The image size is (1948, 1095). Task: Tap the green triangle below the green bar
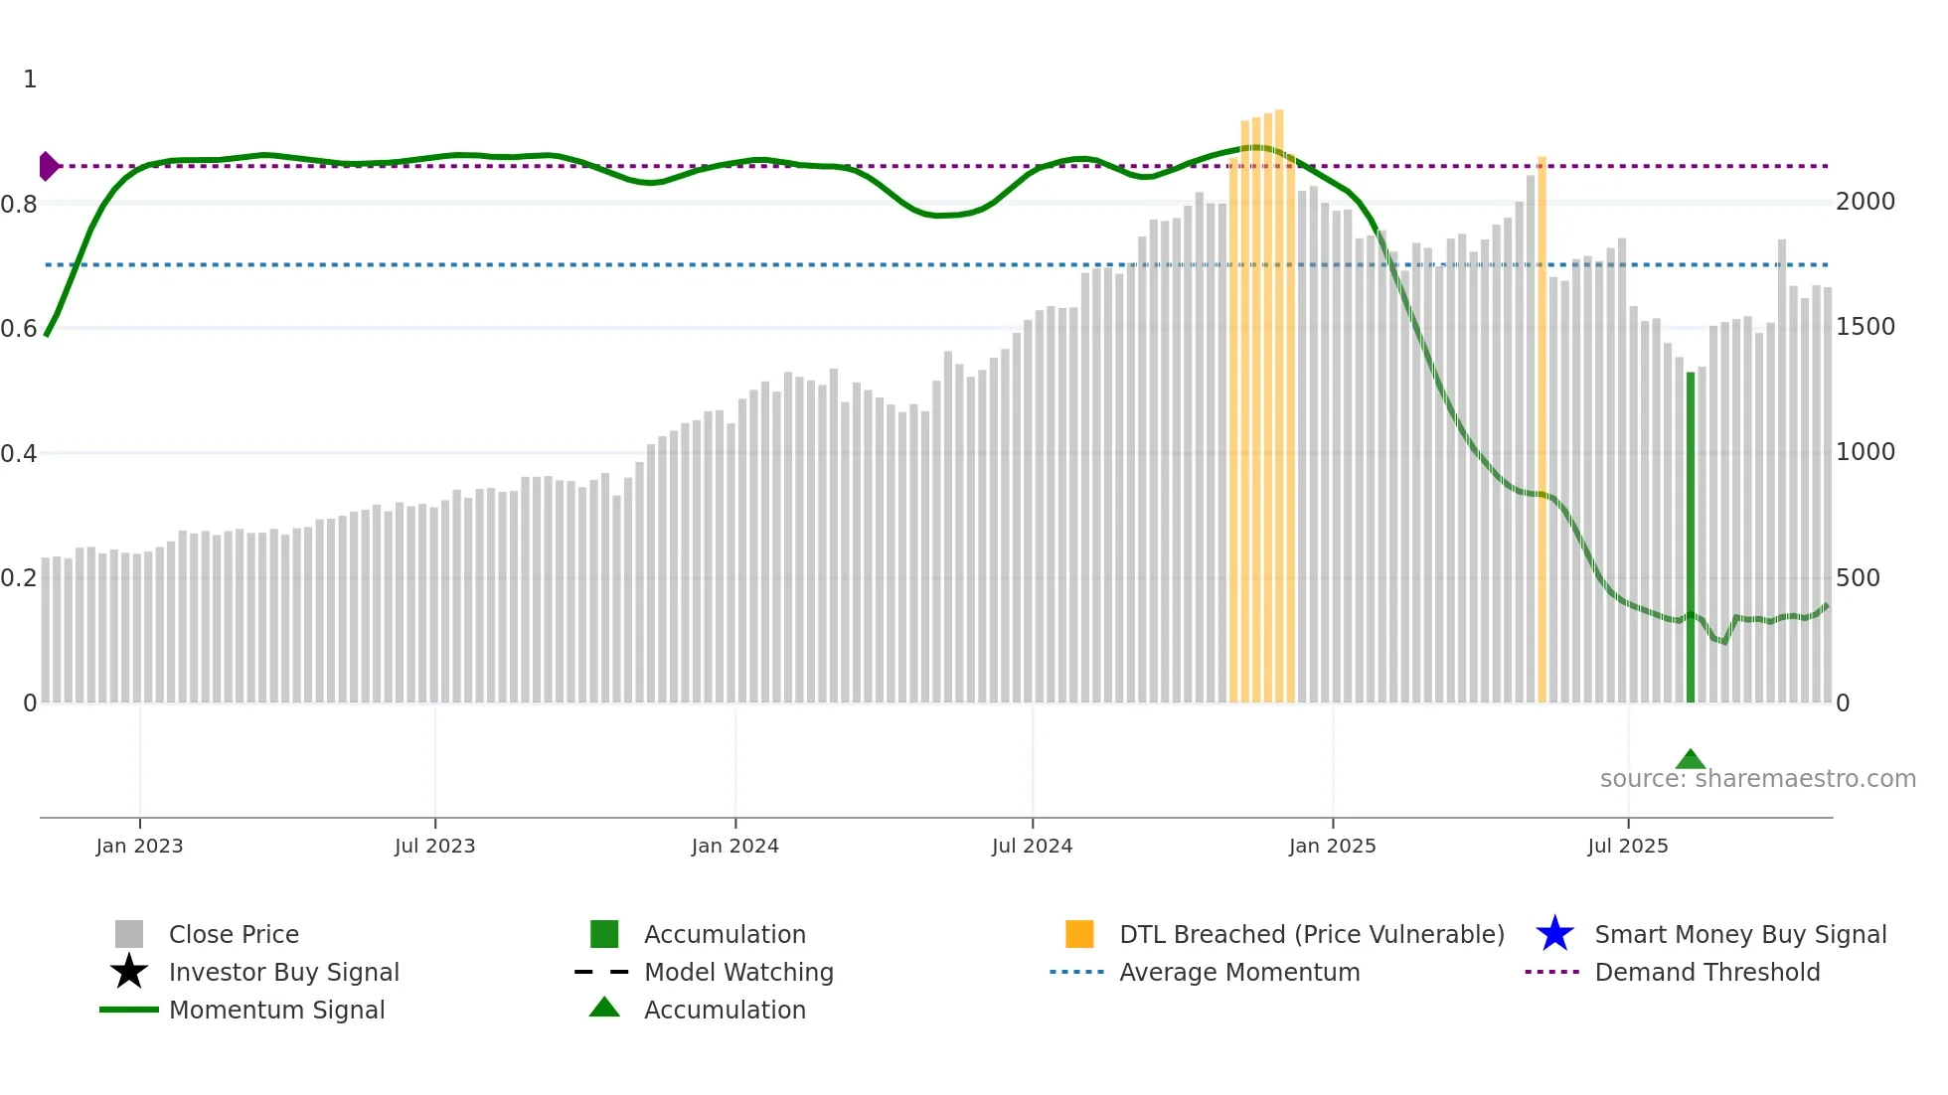1690,760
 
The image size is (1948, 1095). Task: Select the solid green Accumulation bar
1690,537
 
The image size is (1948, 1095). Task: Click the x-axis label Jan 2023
139,846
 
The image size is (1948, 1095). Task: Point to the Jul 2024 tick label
1032,846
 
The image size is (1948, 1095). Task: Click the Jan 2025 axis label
1332,846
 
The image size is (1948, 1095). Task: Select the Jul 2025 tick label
1627,846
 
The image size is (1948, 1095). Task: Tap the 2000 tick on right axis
1865,202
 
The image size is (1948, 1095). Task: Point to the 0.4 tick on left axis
19,454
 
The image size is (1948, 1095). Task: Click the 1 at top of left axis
30,79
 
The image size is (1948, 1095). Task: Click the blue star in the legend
1554,934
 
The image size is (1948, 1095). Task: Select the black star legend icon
129,972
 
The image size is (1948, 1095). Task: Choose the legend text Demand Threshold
1706,972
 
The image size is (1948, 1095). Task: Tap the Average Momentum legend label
1238,972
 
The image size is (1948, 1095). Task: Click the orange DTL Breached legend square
1079,934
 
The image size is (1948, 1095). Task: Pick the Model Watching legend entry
738,972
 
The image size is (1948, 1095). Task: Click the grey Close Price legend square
129,934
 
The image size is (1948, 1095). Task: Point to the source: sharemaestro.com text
1757,779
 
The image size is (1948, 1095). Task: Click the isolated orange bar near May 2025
1542,427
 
